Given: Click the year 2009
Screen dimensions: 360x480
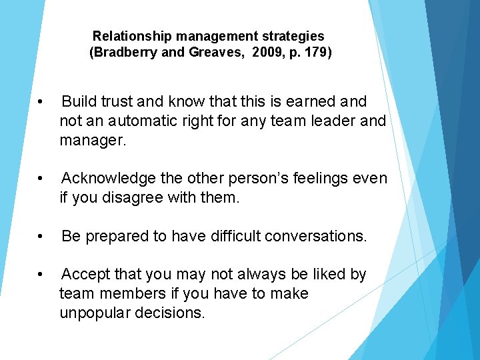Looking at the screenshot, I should (x=261, y=53).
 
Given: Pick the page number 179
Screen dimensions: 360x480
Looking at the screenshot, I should (x=315, y=53).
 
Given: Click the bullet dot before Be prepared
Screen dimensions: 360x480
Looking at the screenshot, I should (x=41, y=237).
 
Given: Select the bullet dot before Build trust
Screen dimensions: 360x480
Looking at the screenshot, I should (x=41, y=102).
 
